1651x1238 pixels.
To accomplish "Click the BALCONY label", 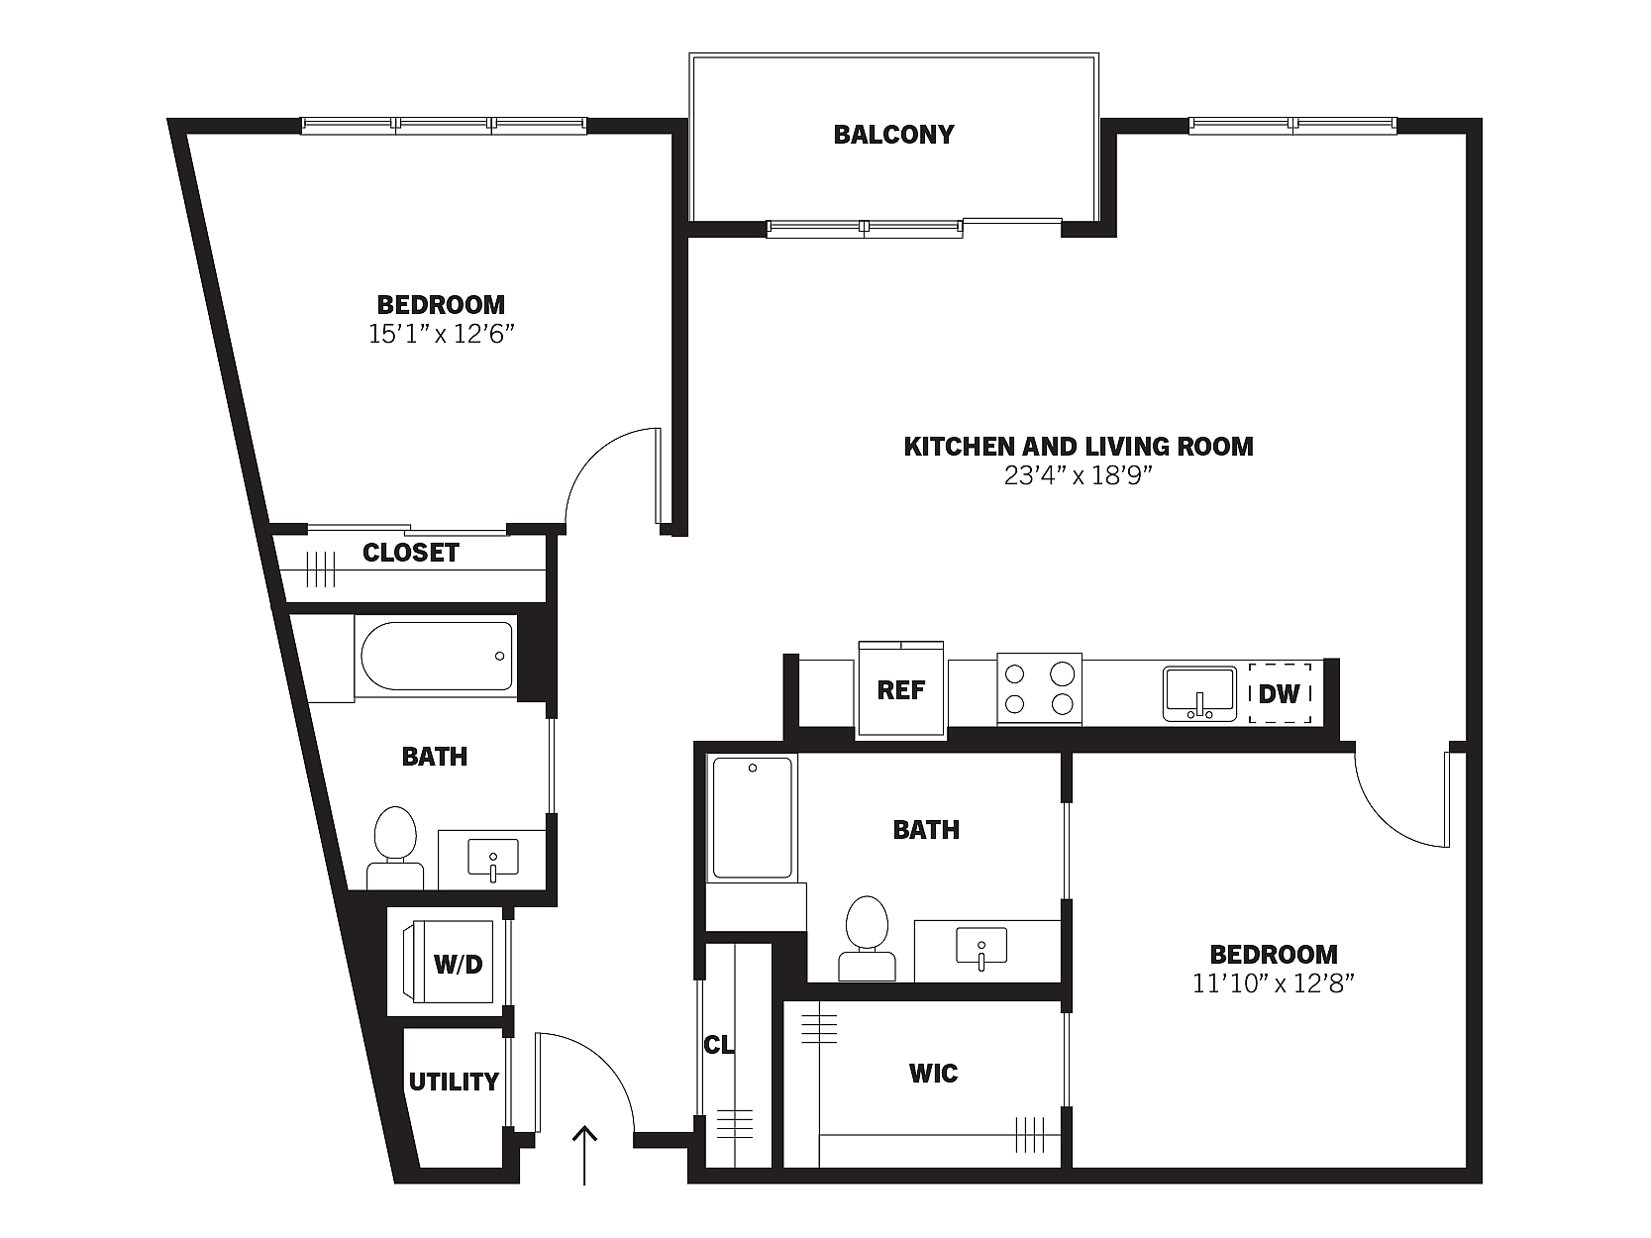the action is [893, 135].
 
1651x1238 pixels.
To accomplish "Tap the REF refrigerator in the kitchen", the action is [901, 689].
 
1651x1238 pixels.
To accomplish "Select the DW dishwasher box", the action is [1280, 692].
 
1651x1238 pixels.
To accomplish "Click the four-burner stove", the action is [1040, 689].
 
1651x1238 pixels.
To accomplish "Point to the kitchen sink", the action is [1199, 693].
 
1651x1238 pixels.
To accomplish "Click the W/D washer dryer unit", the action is [449, 962].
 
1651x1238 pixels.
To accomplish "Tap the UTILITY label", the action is [454, 1082].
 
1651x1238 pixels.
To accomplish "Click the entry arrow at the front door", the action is [584, 1155].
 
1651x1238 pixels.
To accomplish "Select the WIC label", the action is [933, 1074].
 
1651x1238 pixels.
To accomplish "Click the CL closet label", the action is [718, 1044].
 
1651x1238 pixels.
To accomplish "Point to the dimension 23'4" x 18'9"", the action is [1078, 475].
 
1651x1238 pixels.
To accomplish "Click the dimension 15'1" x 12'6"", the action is [441, 333].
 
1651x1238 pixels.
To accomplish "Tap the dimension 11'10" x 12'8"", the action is [1274, 983].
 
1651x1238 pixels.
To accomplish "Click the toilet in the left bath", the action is [395, 848].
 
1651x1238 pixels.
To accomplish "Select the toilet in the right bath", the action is [868, 938].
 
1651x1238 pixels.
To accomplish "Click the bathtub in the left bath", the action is [436, 656].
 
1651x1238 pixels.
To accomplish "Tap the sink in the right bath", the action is [981, 946].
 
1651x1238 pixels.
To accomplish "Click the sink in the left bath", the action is [492, 858].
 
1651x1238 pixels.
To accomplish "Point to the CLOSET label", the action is [411, 553].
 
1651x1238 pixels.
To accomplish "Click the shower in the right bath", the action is [752, 817].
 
